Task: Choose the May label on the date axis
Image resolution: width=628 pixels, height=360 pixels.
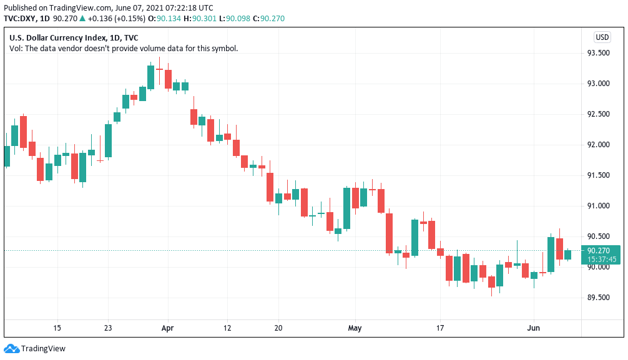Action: click(355, 328)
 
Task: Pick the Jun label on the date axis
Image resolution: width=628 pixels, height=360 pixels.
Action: click(534, 328)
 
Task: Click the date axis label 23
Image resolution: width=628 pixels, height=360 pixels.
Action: click(108, 328)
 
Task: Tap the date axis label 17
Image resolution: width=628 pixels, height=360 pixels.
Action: click(440, 328)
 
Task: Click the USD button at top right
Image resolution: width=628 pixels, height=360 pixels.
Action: click(602, 37)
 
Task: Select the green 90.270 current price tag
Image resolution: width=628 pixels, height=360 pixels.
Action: click(602, 251)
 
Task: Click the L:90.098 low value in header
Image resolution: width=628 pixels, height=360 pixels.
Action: click(230, 18)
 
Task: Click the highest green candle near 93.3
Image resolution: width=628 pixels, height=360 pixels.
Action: click(150, 77)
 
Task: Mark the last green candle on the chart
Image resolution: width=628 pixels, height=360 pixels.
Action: click(568, 255)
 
